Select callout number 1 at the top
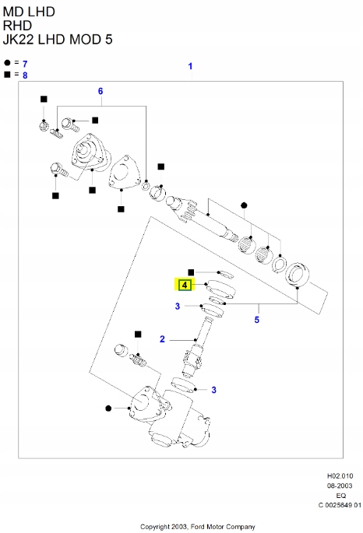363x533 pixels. point(190,67)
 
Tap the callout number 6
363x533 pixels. point(100,91)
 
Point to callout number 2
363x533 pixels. point(162,338)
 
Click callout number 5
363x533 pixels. point(257,318)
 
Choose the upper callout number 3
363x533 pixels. point(178,307)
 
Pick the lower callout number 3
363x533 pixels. point(214,389)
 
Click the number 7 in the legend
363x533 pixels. point(25,62)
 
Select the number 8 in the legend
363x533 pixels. point(25,75)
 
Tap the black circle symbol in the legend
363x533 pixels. point(7,62)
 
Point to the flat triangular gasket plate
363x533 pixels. point(123,175)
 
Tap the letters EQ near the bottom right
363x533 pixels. point(340,494)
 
